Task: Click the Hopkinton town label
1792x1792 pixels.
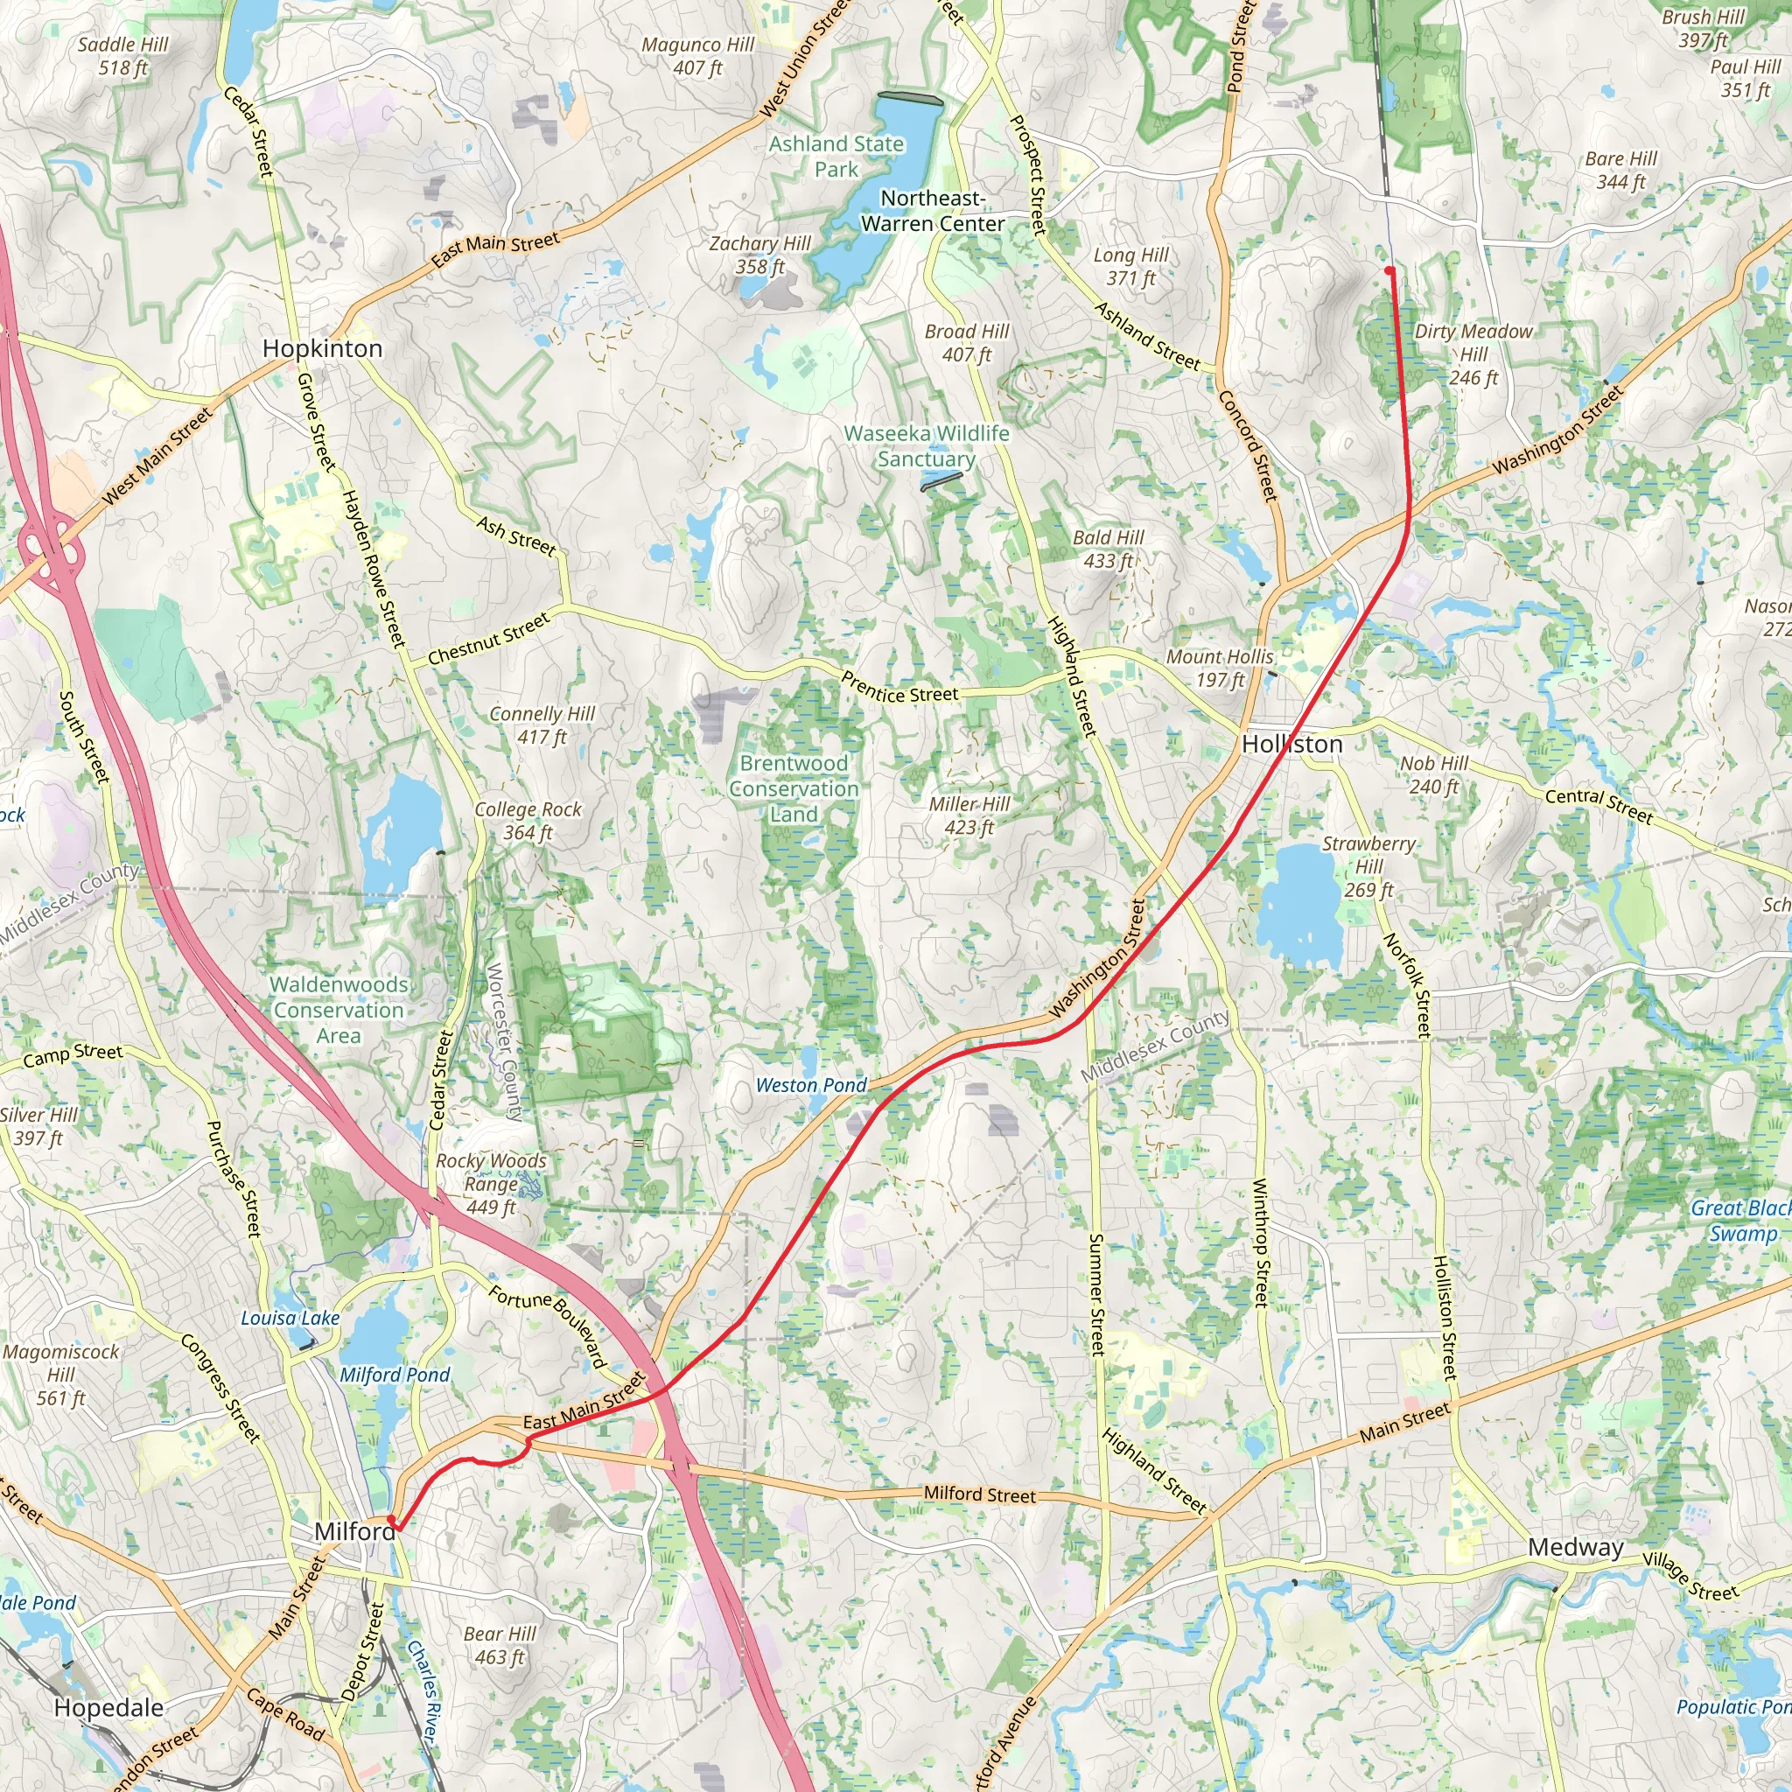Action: (x=322, y=349)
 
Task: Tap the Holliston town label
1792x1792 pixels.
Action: (x=1291, y=744)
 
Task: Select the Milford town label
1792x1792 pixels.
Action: (x=354, y=1530)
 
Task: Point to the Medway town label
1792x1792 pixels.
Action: (x=1575, y=1547)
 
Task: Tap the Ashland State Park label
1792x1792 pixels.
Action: (x=836, y=157)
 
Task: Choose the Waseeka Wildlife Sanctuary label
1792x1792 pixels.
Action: (x=927, y=446)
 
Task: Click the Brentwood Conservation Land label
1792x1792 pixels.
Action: (x=794, y=788)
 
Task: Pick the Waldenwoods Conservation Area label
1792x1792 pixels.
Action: (x=339, y=1010)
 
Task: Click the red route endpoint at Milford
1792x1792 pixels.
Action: (x=391, y=1519)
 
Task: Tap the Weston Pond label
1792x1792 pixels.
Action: (x=810, y=1085)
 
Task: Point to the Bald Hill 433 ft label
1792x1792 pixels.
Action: (x=1108, y=549)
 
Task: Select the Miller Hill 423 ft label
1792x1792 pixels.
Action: (x=969, y=816)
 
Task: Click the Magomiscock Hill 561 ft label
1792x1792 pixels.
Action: (x=61, y=1375)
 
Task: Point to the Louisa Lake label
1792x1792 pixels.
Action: (x=290, y=1318)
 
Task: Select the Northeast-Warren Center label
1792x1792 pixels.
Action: (x=932, y=211)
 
